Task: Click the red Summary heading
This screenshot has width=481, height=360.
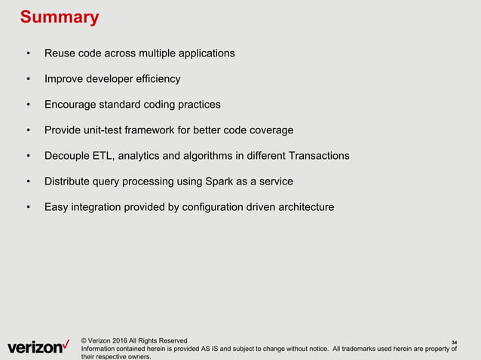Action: [x=59, y=17]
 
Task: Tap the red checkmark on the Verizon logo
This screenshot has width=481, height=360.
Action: [x=68, y=344]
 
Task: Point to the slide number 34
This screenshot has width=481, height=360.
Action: [x=454, y=344]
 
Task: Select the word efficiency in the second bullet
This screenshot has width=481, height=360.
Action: [x=155, y=79]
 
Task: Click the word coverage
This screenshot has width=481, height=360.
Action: [x=269, y=130]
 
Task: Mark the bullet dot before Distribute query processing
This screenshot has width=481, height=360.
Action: [x=29, y=182]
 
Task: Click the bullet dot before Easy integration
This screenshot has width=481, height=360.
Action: [x=29, y=207]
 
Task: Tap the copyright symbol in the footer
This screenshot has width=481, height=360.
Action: [x=84, y=340]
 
